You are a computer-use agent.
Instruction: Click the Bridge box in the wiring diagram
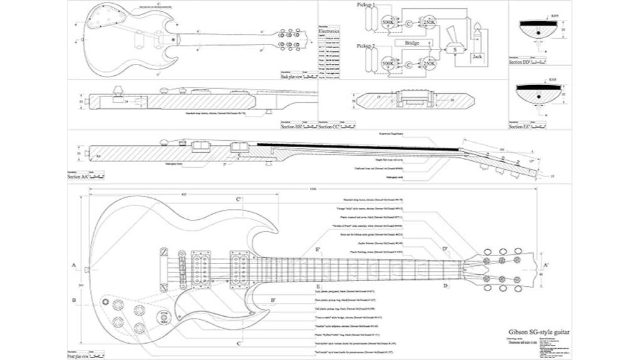(x=412, y=43)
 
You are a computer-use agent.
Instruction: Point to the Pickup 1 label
(x=367, y=6)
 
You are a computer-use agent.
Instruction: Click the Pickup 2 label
(x=367, y=46)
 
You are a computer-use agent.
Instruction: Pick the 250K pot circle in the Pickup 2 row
(x=429, y=63)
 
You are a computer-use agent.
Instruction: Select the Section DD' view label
(x=521, y=63)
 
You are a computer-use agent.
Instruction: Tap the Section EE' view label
(x=521, y=126)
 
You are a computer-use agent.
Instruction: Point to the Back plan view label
(x=292, y=76)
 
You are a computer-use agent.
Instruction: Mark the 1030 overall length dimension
(x=313, y=188)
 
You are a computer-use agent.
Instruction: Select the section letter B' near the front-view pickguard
(x=273, y=301)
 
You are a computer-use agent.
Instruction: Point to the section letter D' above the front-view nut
(x=445, y=249)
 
